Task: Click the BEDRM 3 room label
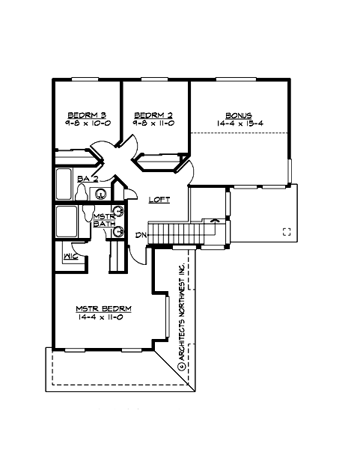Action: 85,114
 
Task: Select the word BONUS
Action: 240,114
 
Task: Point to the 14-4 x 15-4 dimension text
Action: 240,122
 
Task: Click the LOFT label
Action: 159,200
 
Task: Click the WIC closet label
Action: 72,256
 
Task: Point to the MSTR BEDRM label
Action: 104,308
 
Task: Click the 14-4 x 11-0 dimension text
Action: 104,317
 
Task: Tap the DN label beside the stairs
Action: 140,235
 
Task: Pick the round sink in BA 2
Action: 100,194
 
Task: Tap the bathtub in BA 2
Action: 64,184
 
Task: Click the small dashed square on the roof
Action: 286,232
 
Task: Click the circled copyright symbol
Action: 180,365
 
